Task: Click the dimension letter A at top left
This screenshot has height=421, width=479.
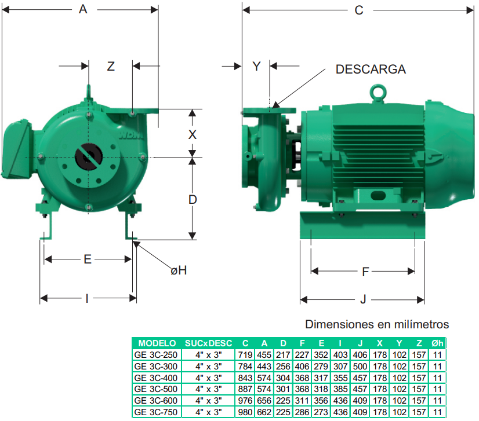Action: [83, 9]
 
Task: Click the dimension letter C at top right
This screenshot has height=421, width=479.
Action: [359, 10]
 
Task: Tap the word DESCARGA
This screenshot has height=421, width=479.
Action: [371, 69]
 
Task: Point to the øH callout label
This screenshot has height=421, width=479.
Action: [179, 270]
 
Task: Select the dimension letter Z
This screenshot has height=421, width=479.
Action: [111, 66]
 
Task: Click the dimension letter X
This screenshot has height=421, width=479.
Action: [192, 134]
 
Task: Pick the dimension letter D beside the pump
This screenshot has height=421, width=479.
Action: [193, 200]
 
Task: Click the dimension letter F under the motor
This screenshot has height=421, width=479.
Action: [365, 272]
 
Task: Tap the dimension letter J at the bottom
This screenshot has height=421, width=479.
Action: [363, 299]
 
